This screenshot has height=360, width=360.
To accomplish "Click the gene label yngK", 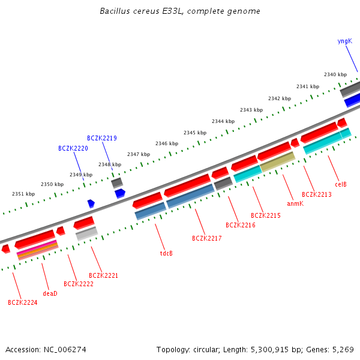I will click(x=344, y=41).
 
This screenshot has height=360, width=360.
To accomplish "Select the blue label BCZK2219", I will click(x=101, y=138).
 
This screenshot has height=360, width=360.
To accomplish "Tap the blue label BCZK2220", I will click(x=73, y=148).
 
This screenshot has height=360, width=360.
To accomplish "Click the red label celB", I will click(x=341, y=184).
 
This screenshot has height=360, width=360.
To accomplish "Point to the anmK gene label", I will click(x=295, y=203).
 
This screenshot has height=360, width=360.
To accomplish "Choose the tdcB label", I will click(x=166, y=253).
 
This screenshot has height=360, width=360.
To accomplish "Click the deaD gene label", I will click(x=50, y=293).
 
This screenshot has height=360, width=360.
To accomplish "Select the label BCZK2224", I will click(x=22, y=302).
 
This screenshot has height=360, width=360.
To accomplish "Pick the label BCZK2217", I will click(x=207, y=238).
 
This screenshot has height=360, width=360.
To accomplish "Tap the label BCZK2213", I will click(x=316, y=194).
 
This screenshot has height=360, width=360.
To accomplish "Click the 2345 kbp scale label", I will click(x=195, y=133).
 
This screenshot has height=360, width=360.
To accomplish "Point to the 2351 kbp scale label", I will click(x=23, y=194).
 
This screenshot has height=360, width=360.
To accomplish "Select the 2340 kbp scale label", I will click(x=335, y=74).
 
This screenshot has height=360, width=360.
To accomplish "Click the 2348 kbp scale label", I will click(x=110, y=164).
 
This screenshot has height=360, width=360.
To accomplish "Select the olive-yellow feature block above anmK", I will click(x=277, y=161).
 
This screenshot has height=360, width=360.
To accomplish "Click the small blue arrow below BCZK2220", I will click(x=91, y=203).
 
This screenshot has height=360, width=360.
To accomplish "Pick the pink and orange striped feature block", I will click(x=37, y=250).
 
